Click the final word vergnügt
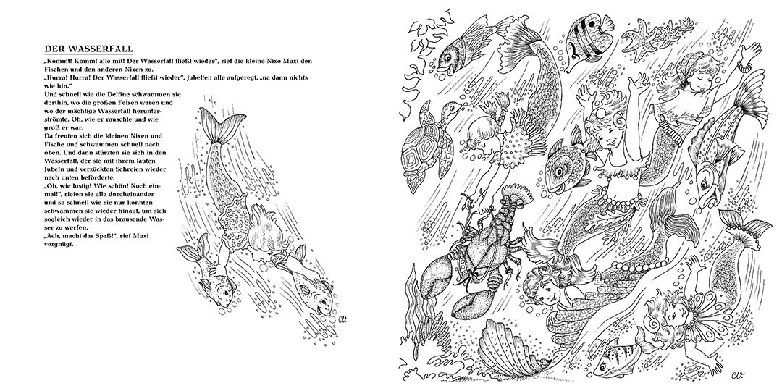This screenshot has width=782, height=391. pos(59,245)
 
